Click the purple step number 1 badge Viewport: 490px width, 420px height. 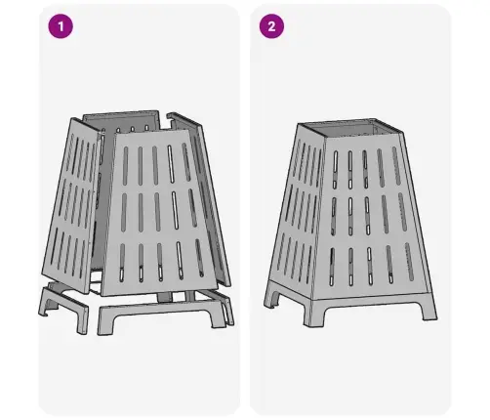61,26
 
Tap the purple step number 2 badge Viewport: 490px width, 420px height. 271,26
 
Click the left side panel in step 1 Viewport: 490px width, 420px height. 70,205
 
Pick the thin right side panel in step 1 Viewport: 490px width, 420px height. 203,198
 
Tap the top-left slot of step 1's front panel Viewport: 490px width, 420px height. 125,166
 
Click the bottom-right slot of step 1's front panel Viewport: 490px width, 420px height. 199,258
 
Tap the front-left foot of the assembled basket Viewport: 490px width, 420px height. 311,315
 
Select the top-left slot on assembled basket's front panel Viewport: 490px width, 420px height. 336,169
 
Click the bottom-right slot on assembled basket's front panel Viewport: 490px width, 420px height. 409,262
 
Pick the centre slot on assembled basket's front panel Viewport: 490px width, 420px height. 367,216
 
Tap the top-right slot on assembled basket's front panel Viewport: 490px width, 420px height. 396,166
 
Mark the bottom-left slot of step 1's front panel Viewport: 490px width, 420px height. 122,263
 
